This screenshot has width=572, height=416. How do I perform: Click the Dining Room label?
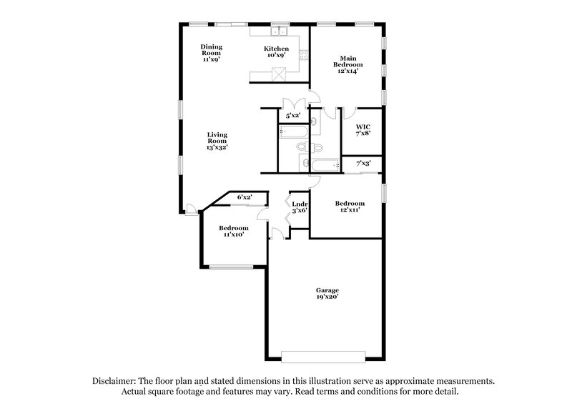pos(210,53)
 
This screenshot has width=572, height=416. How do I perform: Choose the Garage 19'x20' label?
pos(327,293)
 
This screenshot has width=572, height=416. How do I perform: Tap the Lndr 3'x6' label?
pos(300,207)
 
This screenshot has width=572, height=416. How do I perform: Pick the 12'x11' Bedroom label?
pos(350,207)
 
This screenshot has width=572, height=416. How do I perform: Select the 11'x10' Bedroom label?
pos(233,231)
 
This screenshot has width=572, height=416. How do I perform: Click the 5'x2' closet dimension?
pos(293,115)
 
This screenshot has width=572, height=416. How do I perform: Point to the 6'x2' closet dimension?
pos(245,197)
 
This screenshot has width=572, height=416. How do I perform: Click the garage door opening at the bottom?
pos(324,355)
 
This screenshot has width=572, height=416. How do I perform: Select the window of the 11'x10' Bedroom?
pos(231,267)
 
